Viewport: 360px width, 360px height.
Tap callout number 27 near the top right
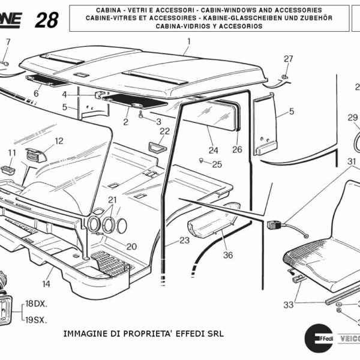(x=289, y=59)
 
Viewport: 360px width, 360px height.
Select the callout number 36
(x=228, y=255)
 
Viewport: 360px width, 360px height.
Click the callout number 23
(x=184, y=240)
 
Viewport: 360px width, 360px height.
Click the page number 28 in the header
(x=47, y=20)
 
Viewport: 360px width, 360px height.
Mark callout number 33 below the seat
(x=289, y=305)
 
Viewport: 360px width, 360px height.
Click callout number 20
(x=131, y=246)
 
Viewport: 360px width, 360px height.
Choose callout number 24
(x=213, y=149)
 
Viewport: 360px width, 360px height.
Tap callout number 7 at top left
(x=8, y=41)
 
